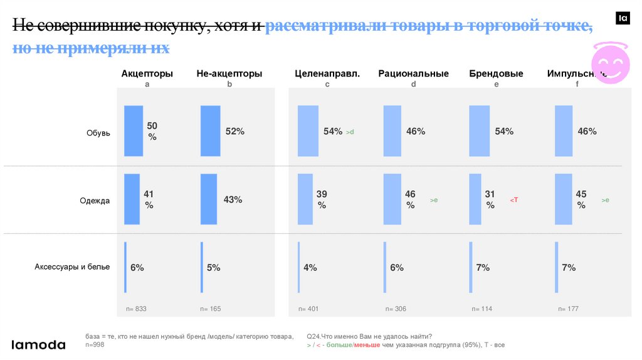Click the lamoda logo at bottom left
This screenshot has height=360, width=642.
[39, 344]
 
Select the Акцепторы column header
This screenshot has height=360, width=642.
[147, 74]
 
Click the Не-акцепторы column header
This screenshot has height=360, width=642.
[229, 74]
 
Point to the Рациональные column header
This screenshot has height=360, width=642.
[413, 74]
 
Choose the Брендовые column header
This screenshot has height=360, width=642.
[496, 74]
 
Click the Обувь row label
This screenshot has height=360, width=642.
[98, 133]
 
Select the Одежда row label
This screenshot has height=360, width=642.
[95, 201]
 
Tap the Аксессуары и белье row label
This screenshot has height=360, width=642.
[72, 267]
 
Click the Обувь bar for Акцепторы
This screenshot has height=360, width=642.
[134, 130]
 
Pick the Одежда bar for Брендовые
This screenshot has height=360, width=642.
[475, 199]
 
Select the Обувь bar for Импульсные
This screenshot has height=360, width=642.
[564, 130]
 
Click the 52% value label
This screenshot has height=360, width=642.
[235, 132]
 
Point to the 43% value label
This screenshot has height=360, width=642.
[233, 199]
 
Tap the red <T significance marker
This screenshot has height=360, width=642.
[514, 200]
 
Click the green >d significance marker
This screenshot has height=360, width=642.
[350, 132]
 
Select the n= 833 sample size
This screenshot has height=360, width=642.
[136, 309]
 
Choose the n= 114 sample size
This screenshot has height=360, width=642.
[482, 309]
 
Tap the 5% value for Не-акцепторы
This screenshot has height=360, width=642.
[214, 268]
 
